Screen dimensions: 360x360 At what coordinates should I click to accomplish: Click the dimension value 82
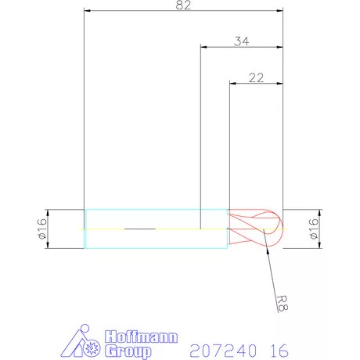point(183,5)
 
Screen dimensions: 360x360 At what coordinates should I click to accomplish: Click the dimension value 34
point(243,41)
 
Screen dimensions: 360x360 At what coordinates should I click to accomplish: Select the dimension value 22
point(256,77)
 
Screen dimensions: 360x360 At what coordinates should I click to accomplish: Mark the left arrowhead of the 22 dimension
point(232,85)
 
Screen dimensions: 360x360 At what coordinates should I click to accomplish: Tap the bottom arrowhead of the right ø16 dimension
point(319,246)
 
